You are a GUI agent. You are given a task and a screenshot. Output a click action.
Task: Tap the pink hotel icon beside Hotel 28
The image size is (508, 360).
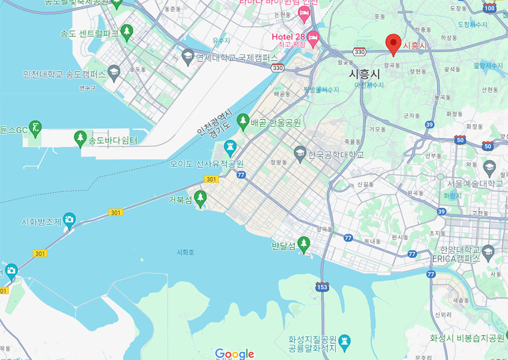(x=313, y=37)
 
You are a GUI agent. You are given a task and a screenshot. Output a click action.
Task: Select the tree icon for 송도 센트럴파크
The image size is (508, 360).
(x=126, y=32)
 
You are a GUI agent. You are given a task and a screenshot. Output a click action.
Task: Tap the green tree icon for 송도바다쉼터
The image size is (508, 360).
(x=80, y=137)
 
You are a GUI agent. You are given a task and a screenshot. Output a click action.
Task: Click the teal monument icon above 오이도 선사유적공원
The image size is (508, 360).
(x=230, y=148)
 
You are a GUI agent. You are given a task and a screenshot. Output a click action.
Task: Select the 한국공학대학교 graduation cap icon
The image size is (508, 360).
(x=300, y=152)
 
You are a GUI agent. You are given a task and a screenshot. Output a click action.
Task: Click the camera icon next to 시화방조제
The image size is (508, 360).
(x=69, y=219)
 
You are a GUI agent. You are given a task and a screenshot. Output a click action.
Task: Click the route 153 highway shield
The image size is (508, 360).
(x=322, y=287)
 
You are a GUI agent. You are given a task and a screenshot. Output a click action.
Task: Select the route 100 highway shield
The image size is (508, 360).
(x=490, y=8)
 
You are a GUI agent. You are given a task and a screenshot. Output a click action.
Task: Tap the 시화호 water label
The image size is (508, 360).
(x=185, y=252)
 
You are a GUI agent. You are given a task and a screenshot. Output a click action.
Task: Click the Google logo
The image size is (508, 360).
(x=234, y=353)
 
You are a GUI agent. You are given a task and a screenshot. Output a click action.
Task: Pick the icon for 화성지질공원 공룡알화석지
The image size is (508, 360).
(x=346, y=340)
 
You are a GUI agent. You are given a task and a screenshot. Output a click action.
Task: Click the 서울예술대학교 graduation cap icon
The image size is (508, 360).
(x=489, y=167)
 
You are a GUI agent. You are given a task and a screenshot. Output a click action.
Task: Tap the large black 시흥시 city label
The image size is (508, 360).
(x=365, y=73)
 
